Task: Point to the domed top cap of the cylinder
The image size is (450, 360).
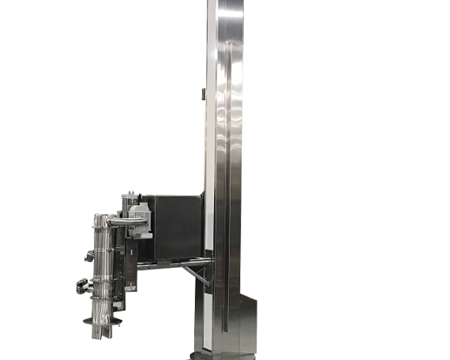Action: tap(100, 218)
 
